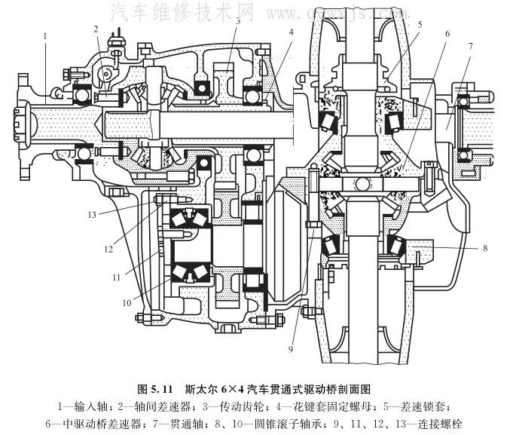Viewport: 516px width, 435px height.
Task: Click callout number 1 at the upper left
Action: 46,35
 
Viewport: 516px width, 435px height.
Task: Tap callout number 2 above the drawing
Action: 96,29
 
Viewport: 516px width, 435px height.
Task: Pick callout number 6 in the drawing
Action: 447,34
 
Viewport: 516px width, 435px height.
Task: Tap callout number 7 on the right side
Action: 470,47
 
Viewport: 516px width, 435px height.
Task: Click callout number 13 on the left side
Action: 91,214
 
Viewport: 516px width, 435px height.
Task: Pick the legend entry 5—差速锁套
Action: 429,407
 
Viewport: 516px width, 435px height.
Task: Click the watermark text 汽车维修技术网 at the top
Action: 182,11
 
